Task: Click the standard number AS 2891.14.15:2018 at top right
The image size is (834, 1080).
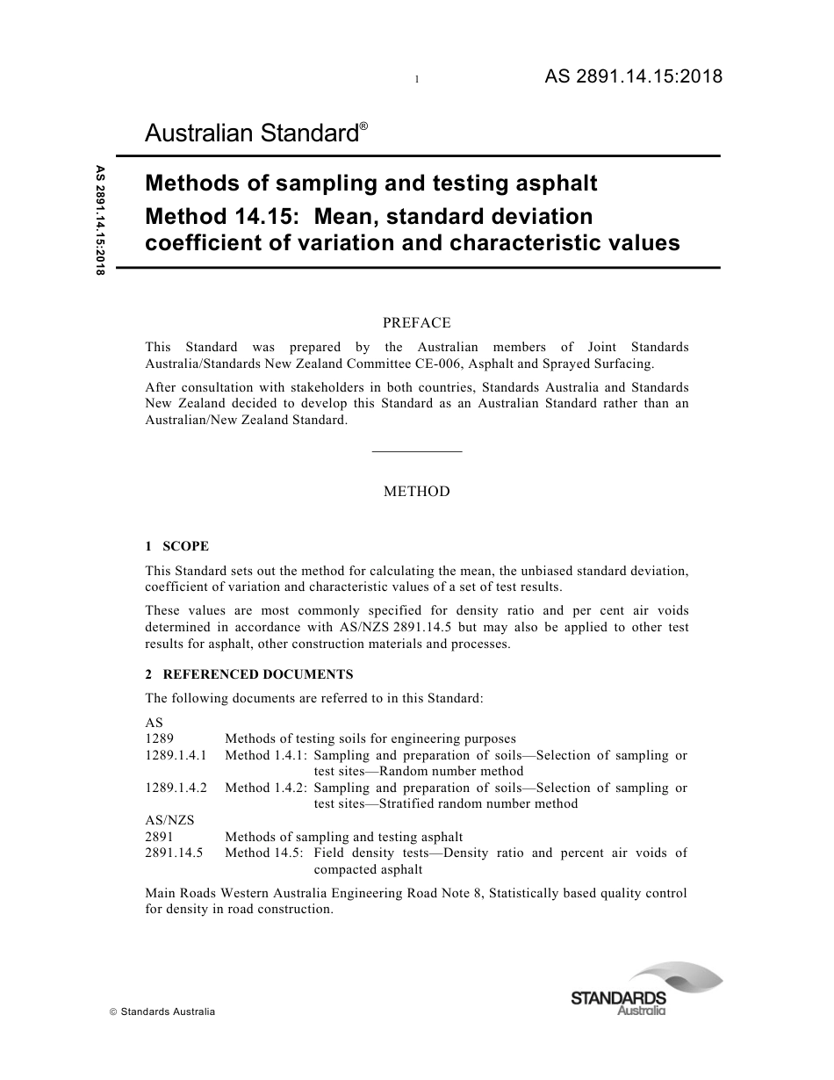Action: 633,76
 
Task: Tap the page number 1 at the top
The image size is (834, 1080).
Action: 417,80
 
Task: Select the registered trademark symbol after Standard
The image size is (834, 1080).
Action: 363,126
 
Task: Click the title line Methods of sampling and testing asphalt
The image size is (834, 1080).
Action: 370,183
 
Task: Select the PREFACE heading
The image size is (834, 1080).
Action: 417,323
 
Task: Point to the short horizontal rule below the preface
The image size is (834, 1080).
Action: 417,451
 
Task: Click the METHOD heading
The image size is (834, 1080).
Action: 417,492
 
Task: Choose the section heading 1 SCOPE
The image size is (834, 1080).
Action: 177,546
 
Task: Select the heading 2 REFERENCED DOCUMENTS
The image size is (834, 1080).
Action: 249,674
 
